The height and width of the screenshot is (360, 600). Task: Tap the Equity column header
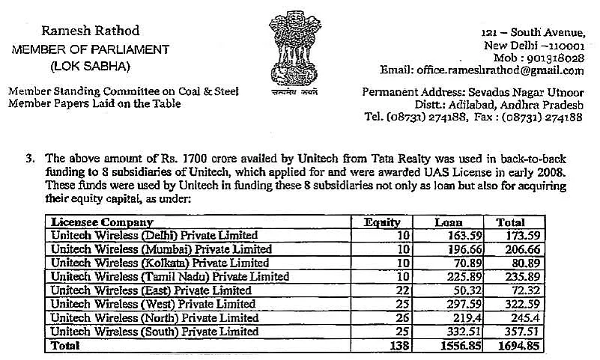coord(382,223)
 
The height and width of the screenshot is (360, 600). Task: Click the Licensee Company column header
coord(101,223)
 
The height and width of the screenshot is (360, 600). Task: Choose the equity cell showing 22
coord(401,289)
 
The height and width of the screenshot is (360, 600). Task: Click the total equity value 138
coord(398,345)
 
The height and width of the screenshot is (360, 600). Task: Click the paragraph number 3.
coord(31,159)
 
